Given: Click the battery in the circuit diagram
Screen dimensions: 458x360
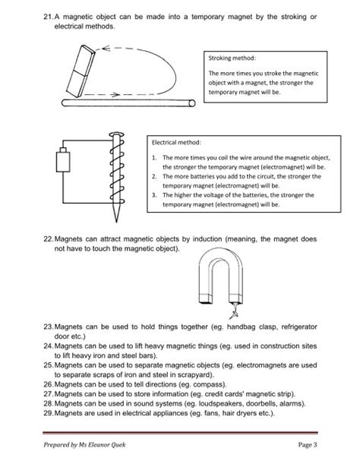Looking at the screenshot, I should click(63, 164).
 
